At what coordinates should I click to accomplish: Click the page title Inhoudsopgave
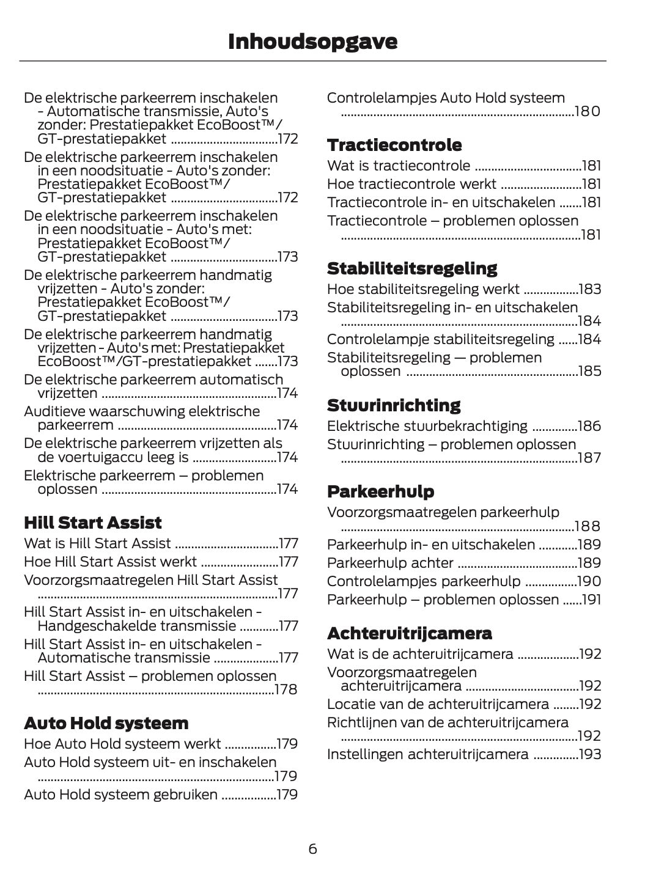(x=312, y=42)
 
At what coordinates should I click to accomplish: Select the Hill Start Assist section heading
(x=93, y=523)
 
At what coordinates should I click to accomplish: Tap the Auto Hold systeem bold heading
(x=106, y=723)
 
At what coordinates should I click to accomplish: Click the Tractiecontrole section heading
(x=394, y=145)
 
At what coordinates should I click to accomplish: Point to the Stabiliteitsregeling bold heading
(x=412, y=268)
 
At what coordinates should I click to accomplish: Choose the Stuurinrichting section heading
(x=394, y=405)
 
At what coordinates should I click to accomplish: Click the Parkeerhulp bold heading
(x=381, y=491)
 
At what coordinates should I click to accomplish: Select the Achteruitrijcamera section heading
(x=410, y=633)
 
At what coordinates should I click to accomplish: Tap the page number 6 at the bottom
(x=312, y=849)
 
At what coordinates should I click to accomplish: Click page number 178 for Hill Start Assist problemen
(x=286, y=689)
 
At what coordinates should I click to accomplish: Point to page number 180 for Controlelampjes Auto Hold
(x=588, y=111)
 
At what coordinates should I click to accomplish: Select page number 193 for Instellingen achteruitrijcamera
(x=589, y=754)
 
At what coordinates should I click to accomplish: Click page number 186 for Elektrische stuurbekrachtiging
(x=589, y=426)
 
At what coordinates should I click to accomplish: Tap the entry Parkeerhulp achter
(x=390, y=563)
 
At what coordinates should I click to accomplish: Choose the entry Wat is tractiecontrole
(x=399, y=166)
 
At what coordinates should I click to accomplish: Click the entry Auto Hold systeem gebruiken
(x=120, y=795)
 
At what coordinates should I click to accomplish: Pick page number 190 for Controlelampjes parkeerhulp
(x=589, y=581)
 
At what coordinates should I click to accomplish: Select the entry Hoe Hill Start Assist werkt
(x=110, y=562)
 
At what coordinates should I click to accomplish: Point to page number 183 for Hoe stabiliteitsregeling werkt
(x=589, y=289)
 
